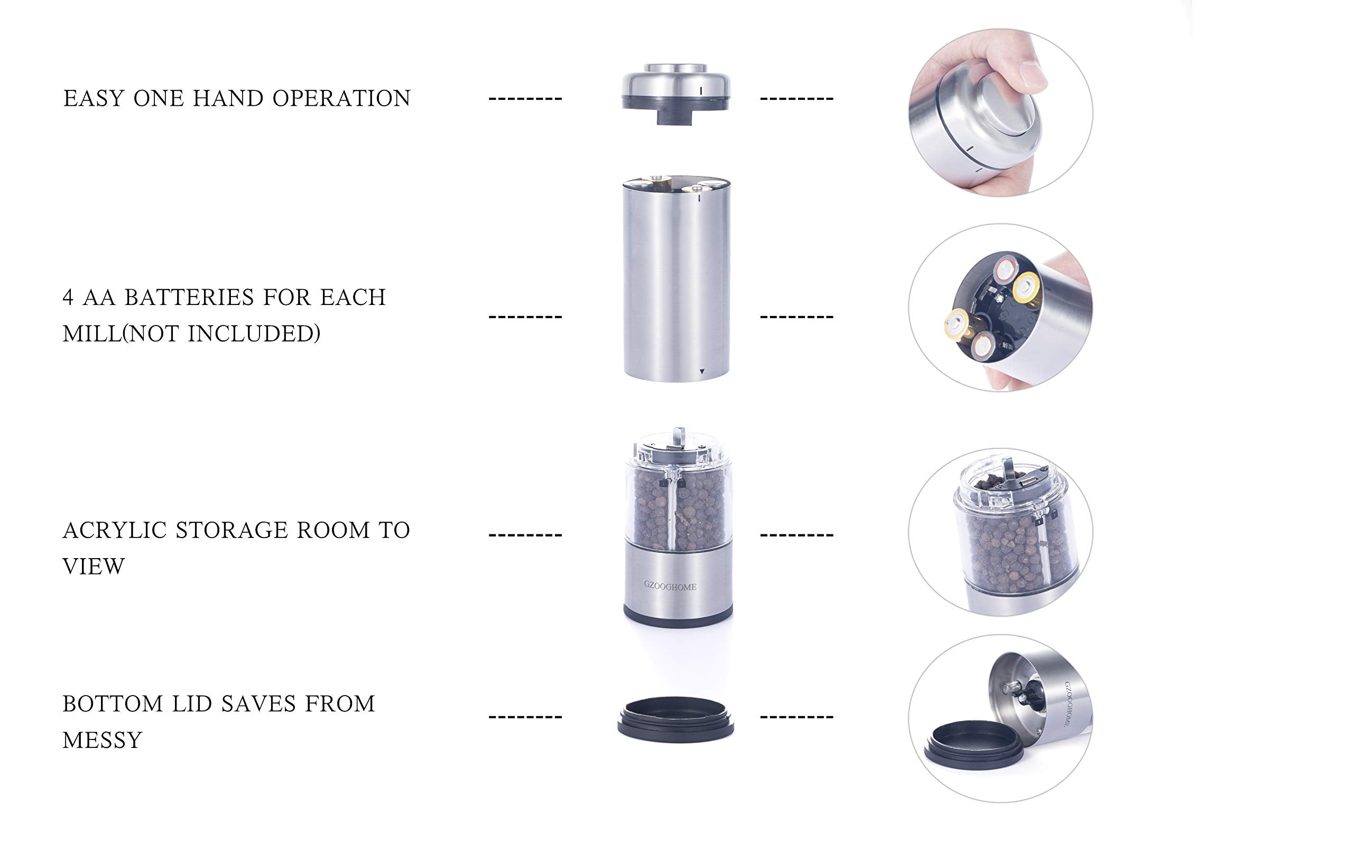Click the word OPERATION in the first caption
341,99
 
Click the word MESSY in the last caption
102,740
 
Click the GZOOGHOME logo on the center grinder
670,586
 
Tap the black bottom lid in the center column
675,719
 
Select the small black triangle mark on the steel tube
701,372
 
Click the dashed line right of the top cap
796,99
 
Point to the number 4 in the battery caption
68,298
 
